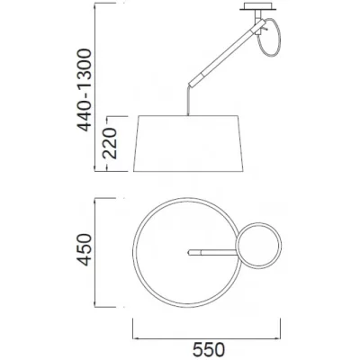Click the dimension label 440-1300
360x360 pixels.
click(84, 90)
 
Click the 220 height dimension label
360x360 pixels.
click(109, 143)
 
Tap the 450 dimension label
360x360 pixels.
click(84, 250)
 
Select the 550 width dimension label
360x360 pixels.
click(209, 350)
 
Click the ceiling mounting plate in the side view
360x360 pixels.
click(258, 6)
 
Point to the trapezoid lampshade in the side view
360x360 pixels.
click(188, 143)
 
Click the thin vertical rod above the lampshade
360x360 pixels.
click(188, 101)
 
